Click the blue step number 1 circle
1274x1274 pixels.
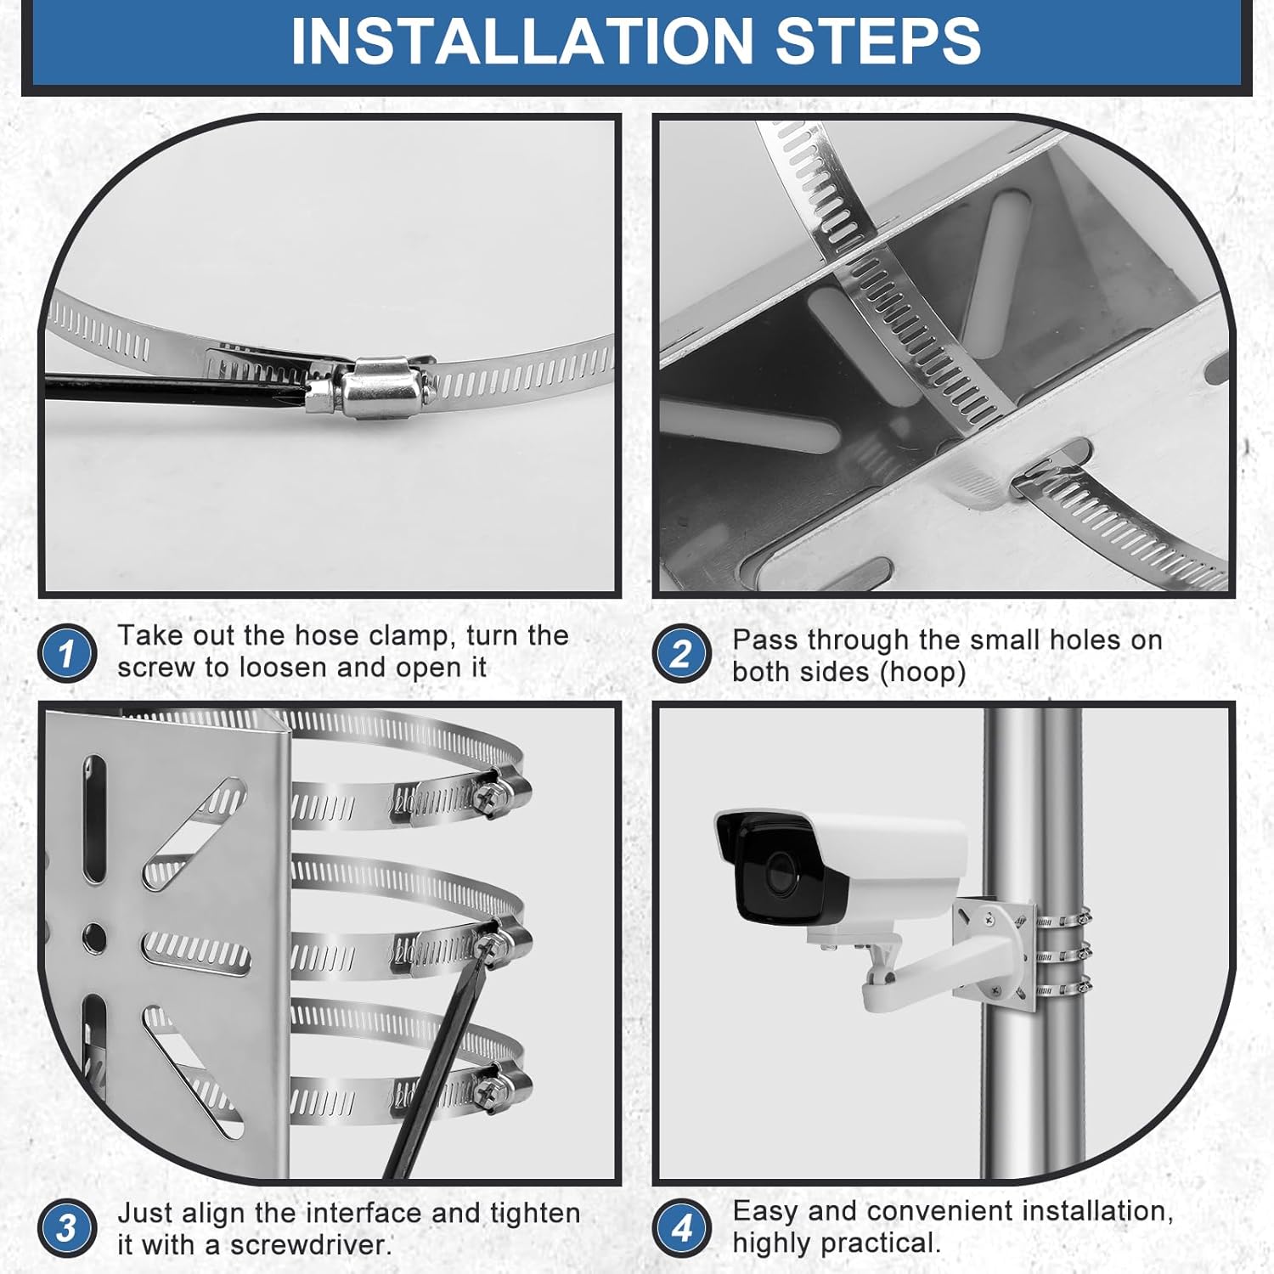[x=67, y=652]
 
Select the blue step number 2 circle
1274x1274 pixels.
[x=681, y=654]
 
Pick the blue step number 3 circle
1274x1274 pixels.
[x=67, y=1228]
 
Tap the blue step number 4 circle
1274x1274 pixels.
[x=681, y=1228]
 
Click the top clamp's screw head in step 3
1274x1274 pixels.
[x=493, y=796]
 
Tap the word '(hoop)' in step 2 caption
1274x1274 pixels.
[x=923, y=673]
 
